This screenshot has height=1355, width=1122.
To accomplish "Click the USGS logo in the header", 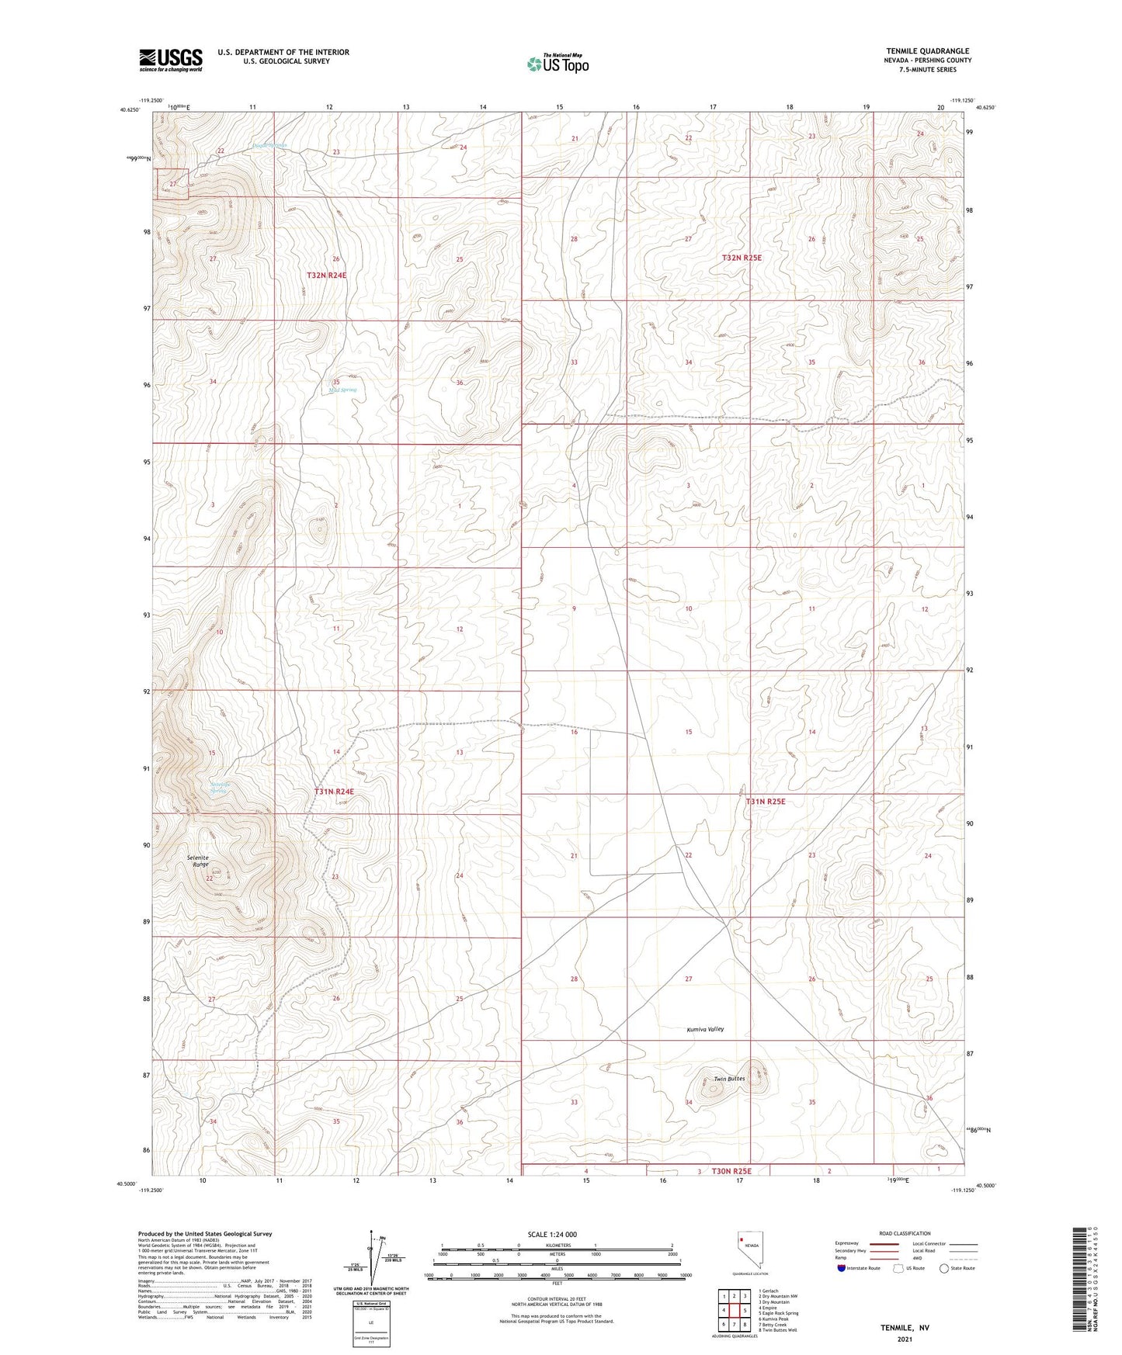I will pyautogui.click(x=170, y=60).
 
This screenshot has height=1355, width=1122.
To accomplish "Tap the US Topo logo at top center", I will pyautogui.click(x=557, y=64).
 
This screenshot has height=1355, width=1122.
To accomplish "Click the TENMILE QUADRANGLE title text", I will pyautogui.click(x=927, y=51).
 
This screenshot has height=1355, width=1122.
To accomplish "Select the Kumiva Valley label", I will pyautogui.click(x=705, y=1029).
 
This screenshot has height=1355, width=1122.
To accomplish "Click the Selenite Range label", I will pyautogui.click(x=198, y=861).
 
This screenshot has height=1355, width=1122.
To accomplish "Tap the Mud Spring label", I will pyautogui.click(x=342, y=390).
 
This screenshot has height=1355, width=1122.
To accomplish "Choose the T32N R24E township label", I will pyautogui.click(x=325, y=276).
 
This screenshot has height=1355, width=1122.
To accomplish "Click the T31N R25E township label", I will pyautogui.click(x=766, y=802).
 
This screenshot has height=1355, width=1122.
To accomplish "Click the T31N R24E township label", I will pyautogui.click(x=334, y=792).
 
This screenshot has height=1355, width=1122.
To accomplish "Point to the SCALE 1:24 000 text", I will pyautogui.click(x=552, y=1235).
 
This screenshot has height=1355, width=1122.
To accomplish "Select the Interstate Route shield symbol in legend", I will pyautogui.click(x=842, y=1268).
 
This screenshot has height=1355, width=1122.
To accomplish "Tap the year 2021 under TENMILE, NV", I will pyautogui.click(x=904, y=1339).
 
